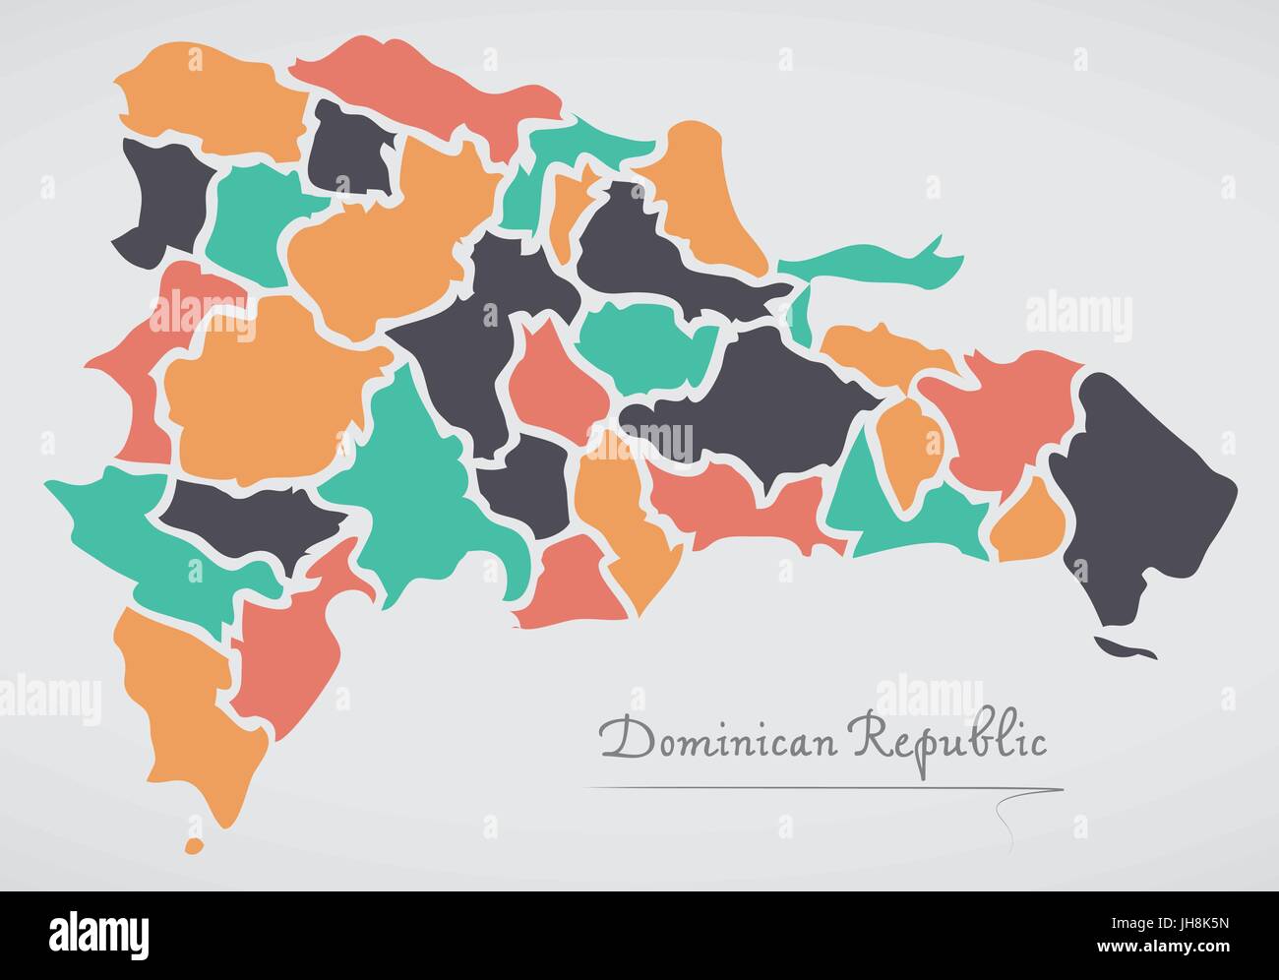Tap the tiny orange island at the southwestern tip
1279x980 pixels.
(x=194, y=844)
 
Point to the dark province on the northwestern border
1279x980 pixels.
(x=162, y=197)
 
